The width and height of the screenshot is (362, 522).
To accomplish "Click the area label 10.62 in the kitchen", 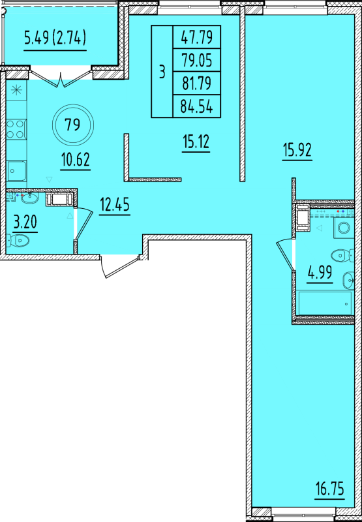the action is pyautogui.click(x=75, y=161).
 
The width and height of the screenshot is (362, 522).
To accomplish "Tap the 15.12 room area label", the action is pyautogui.click(x=196, y=143).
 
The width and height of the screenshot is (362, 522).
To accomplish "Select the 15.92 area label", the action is pyautogui.click(x=297, y=151).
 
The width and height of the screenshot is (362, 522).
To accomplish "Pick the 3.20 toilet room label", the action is pyautogui.click(x=25, y=223).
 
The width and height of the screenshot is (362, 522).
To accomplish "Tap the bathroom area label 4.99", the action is pyautogui.click(x=320, y=274).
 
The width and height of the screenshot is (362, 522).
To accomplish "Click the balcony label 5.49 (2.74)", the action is pyautogui.click(x=55, y=39).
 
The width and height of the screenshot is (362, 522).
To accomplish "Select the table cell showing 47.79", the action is pyautogui.click(x=196, y=37).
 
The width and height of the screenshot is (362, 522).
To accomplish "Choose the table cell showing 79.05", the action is pyautogui.click(x=196, y=60).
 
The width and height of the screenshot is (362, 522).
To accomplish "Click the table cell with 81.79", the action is pyautogui.click(x=196, y=83).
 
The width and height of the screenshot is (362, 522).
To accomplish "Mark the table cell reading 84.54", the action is pyautogui.click(x=196, y=106).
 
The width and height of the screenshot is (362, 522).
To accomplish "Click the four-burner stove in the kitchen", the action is pyautogui.click(x=16, y=130).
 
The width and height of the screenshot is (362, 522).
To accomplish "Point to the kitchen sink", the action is pyautogui.click(x=16, y=171).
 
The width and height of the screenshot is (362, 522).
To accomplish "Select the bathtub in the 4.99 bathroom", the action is pyautogui.click(x=325, y=303).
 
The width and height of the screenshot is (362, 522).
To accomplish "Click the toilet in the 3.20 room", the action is pyautogui.click(x=18, y=240).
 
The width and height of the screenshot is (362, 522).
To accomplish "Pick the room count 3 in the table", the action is pyautogui.click(x=162, y=72).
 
